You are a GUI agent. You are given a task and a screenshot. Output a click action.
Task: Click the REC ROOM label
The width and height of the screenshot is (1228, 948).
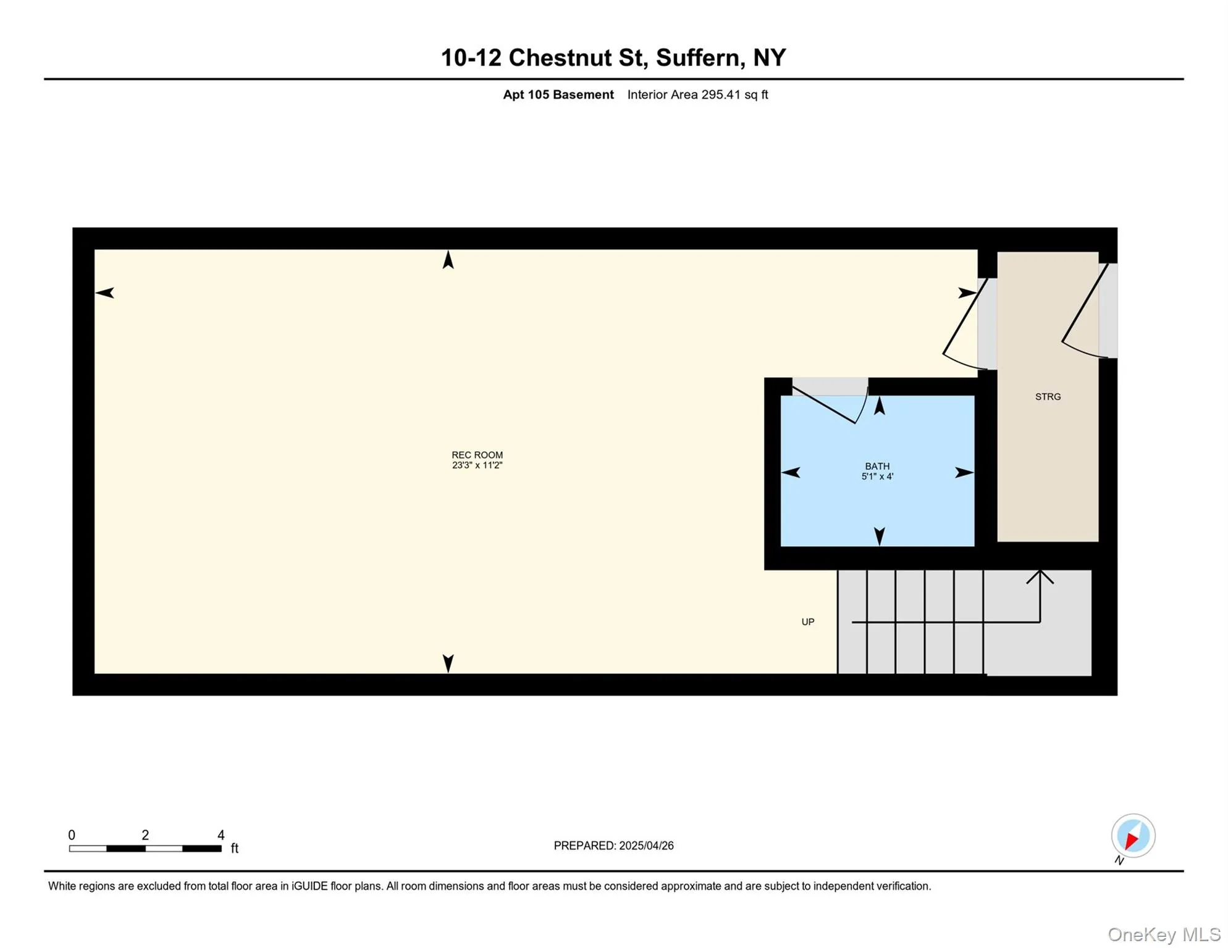pyautogui.click(x=477, y=455)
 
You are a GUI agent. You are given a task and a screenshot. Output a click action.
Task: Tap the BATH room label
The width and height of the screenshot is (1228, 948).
pyautogui.click(x=877, y=466)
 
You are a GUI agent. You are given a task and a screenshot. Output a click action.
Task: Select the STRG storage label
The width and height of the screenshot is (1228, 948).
pyautogui.click(x=1048, y=397)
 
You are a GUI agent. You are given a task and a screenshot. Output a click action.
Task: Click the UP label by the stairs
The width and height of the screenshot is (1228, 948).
pyautogui.click(x=807, y=622)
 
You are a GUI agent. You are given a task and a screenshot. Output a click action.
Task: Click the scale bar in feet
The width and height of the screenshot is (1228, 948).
pyautogui.click(x=145, y=849)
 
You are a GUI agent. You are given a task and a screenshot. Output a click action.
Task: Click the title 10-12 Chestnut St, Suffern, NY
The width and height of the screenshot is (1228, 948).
pyautogui.click(x=613, y=57)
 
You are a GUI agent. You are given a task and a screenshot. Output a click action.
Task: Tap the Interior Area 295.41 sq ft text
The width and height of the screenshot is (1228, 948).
pyautogui.click(x=697, y=94)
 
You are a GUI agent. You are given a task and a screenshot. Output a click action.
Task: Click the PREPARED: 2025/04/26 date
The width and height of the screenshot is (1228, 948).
pyautogui.click(x=613, y=846)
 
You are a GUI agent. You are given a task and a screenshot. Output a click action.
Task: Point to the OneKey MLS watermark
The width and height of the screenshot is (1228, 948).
pyautogui.click(x=1164, y=934)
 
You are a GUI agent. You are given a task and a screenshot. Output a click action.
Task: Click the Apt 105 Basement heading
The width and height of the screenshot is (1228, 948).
pyautogui.click(x=558, y=94)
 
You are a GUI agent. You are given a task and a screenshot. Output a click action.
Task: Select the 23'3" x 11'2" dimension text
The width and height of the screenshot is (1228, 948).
pyautogui.click(x=477, y=465)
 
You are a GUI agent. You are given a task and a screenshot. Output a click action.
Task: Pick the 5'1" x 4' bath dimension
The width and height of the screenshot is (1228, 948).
pyautogui.click(x=877, y=476)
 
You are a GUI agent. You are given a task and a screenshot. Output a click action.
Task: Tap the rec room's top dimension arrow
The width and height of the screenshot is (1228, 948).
pyautogui.click(x=448, y=260)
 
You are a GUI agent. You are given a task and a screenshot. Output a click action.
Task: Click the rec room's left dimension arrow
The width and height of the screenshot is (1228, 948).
pyautogui.click(x=105, y=293)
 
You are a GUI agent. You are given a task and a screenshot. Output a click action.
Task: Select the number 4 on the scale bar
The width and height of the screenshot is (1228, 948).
pyautogui.click(x=221, y=835)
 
